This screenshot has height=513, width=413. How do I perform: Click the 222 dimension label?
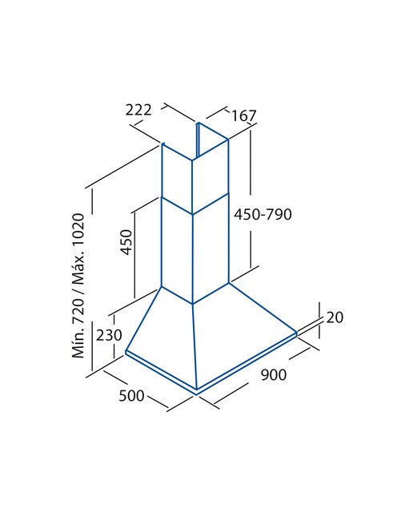coord(138,110)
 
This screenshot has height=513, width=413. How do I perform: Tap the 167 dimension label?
coord(244,115)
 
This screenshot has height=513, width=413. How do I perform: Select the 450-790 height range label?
coord(263,214)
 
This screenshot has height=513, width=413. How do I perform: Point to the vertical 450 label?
coord(126,242)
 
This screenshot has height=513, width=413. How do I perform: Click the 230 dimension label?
coord(109,335)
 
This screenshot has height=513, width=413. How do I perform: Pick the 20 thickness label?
coord(335,317)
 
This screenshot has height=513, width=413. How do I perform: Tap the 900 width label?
coord(274,374)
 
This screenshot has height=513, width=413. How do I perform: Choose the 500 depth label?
coord(131,396)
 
